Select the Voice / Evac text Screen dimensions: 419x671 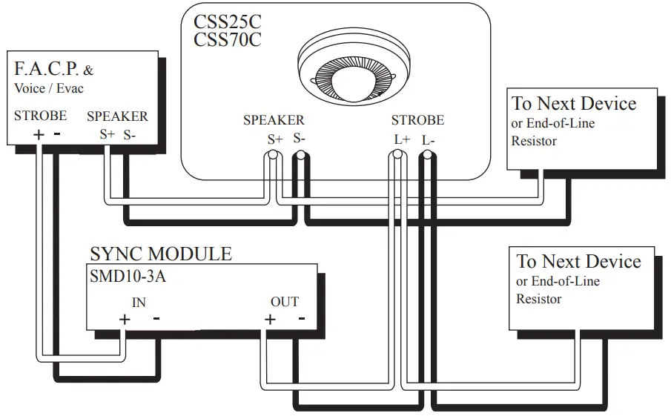(49, 88)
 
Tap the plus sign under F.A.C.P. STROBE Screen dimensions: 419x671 (38, 135)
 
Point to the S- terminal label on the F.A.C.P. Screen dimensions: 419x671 (130, 134)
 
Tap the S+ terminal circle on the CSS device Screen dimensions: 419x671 (272, 156)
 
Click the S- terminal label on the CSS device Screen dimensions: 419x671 (300, 138)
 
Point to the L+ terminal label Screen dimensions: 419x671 (402, 139)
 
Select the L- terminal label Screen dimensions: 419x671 (429, 139)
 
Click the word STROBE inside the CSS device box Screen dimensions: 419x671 (417, 120)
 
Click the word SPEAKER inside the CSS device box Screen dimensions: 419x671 (274, 120)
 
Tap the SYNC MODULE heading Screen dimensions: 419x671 (160, 254)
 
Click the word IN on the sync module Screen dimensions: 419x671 (139, 302)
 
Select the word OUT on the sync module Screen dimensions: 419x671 (284, 302)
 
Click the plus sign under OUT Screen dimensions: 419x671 (270, 320)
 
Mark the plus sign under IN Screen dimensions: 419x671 (125, 320)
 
